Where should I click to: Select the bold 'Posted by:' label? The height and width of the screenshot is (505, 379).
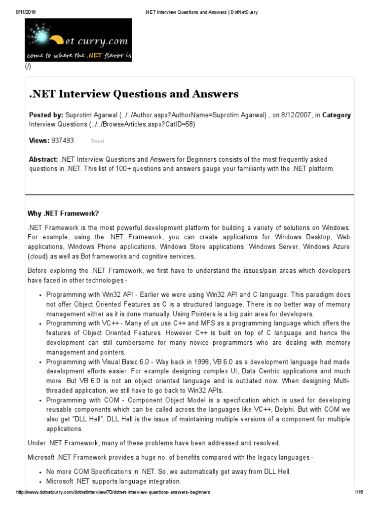pyautogui.click(x=46, y=115)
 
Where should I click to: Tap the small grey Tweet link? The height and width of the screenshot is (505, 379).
pyautogui.click(x=97, y=141)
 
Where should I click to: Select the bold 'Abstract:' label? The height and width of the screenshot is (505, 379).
pyautogui.click(x=43, y=160)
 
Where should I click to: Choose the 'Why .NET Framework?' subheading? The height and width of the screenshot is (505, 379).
pyautogui.click(x=63, y=214)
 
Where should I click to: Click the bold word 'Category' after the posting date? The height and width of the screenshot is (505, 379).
pyautogui.click(x=337, y=115)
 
